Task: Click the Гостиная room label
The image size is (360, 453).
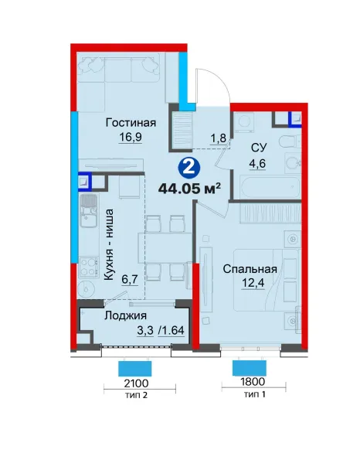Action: pos(131,123)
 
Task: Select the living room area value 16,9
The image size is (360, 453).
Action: pos(131,137)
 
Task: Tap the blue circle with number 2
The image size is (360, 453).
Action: pos(189,168)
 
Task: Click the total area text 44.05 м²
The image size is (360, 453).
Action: pos(189,189)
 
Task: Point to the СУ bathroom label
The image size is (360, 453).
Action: pos(259,148)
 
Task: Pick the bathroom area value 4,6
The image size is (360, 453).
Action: pos(257,164)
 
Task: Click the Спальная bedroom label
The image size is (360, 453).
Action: pos(250,269)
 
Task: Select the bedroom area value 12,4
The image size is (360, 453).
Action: pos(253,283)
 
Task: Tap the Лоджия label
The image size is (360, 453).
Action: pos(125,315)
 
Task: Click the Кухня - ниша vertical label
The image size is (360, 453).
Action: pos(109,244)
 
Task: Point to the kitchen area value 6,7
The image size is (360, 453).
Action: pos(131,280)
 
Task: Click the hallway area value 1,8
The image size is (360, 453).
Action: pos(218,138)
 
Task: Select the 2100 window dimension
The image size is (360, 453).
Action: pos(136,383)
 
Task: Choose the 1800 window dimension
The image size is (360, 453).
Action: pos(253,382)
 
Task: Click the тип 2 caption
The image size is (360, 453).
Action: pos(137,395)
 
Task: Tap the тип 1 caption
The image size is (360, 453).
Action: pos(255,393)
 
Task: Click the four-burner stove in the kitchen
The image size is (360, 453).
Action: pos(88,267)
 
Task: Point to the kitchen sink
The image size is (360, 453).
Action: pos(89,211)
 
